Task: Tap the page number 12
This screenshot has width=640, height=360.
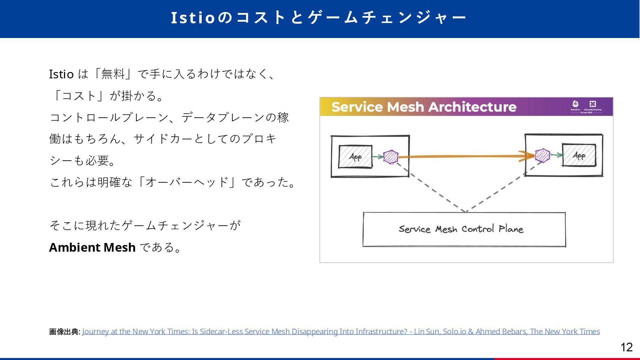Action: click(x=626, y=347)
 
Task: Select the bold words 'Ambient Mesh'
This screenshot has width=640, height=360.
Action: click(x=92, y=247)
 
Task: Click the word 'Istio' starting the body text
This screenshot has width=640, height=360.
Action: click(x=61, y=74)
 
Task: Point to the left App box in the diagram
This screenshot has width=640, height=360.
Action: click(x=355, y=157)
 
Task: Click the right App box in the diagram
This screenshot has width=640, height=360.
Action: click(x=579, y=155)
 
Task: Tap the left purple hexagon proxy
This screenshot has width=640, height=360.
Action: click(x=391, y=157)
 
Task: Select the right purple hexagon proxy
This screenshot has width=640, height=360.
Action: click(x=542, y=156)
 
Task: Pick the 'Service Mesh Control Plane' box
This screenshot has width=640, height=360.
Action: click(x=464, y=229)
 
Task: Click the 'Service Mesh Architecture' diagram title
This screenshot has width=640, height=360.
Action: click(x=424, y=107)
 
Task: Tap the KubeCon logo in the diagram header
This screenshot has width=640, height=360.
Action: click(x=575, y=105)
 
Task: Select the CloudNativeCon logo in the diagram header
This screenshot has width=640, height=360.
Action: click(x=593, y=105)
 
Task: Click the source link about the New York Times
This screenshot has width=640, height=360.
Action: click(x=341, y=332)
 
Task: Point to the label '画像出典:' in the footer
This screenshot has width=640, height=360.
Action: click(x=64, y=332)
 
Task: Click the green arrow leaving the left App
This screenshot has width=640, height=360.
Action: click(x=378, y=157)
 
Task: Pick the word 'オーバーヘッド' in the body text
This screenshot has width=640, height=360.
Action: click(x=187, y=182)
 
